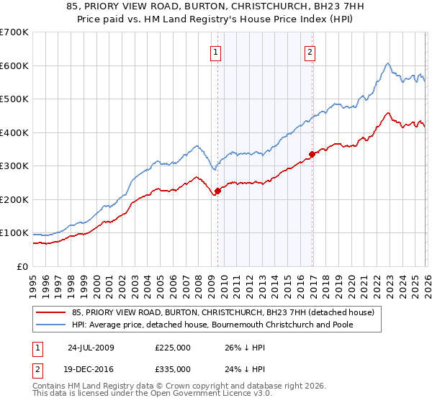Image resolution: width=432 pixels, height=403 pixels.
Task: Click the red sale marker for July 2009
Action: pos(217,191)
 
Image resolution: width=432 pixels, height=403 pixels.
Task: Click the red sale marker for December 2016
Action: pos(312,154)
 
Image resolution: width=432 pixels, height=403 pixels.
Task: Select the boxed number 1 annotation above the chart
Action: pos(216,51)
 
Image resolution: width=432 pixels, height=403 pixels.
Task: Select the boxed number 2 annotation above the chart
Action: pos(310,51)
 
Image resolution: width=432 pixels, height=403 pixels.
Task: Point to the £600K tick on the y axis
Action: pos(14,65)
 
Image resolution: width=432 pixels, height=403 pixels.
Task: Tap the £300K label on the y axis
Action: pos(14,166)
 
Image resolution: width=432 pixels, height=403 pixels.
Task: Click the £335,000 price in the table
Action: pos(173,368)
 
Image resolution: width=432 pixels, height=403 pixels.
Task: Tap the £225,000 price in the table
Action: pos(173,347)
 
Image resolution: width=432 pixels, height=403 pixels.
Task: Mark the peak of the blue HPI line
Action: pos(387,63)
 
